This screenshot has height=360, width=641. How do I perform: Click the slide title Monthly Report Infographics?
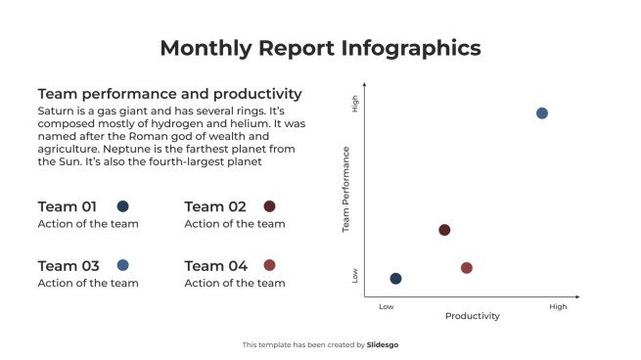click(320, 48)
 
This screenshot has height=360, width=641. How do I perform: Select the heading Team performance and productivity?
click(169, 94)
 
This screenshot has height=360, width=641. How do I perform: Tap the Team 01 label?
click(68, 206)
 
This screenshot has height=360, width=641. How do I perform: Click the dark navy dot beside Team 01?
click(122, 206)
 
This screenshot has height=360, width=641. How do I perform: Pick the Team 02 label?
click(215, 206)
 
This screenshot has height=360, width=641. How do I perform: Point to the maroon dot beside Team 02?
click(269, 206)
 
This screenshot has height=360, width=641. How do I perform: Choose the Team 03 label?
click(69, 266)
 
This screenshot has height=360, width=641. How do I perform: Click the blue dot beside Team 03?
click(122, 265)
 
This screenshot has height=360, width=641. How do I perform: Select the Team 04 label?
click(216, 266)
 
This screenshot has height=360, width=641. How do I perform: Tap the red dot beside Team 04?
click(269, 265)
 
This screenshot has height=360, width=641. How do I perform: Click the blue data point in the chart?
click(542, 113)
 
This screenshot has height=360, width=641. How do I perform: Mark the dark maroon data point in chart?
click(444, 230)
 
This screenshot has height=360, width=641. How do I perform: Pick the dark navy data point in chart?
click(395, 279)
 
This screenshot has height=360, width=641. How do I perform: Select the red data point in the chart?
click(467, 268)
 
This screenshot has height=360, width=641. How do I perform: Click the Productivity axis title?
click(473, 316)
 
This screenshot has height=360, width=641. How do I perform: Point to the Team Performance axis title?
click(345, 190)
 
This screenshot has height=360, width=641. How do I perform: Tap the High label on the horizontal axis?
click(558, 307)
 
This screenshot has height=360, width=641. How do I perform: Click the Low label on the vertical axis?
click(355, 276)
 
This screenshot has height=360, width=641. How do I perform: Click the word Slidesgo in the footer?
click(383, 344)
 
